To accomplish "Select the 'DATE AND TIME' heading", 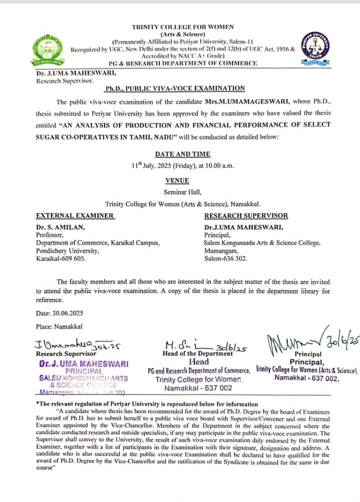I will point(182,154).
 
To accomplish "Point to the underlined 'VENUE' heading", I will point(177,180).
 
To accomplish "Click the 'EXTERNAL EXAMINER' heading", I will point(75,215).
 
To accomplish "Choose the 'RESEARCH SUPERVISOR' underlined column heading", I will point(246,215).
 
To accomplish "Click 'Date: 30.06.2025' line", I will point(59,313).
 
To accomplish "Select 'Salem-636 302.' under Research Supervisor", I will point(225,258).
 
